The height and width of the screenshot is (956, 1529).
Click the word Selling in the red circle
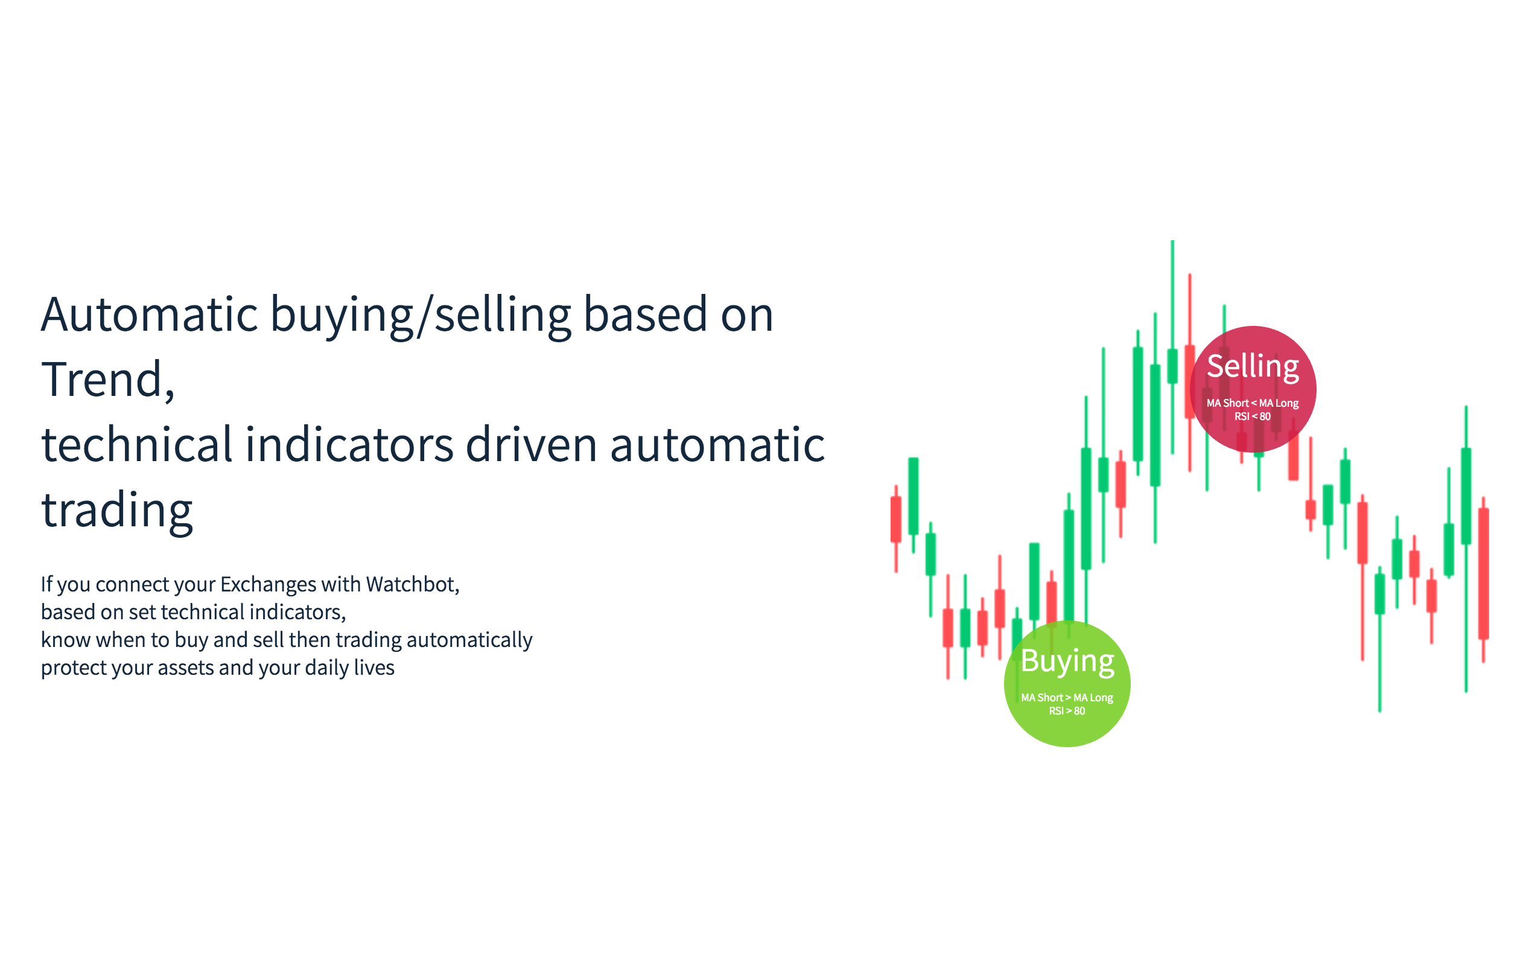coord(1252,368)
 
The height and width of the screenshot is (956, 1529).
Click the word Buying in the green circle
coord(1067,661)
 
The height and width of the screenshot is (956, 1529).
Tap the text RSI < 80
coord(1252,416)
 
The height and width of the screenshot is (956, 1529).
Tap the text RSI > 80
coord(1067,711)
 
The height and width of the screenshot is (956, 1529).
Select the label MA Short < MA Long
coord(1252,403)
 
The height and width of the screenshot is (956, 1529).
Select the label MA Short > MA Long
coord(1067,698)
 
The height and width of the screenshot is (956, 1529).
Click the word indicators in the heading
coord(349,444)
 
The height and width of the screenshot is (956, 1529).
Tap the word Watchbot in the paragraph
coord(412,584)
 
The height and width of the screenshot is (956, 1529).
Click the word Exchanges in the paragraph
coord(268,584)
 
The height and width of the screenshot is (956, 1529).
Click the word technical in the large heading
coord(137,444)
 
